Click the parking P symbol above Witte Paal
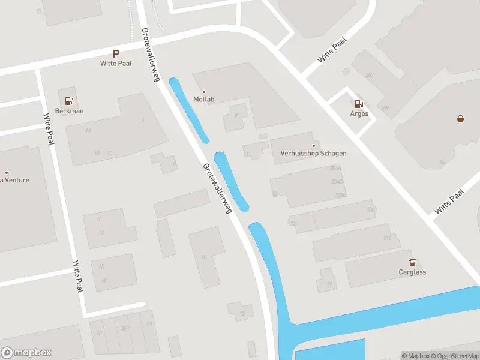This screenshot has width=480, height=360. [116, 53]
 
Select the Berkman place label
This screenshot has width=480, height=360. [70, 111]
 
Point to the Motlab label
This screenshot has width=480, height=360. [204, 100]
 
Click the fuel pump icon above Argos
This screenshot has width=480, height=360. [359, 104]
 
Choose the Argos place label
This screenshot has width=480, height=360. [359, 114]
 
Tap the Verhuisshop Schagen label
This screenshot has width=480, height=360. [313, 153]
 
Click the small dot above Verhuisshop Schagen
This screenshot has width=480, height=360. [313, 145]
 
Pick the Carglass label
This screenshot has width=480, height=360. [412, 272]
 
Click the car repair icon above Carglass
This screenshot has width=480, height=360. [412, 262]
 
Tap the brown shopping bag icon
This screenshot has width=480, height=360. [460, 118]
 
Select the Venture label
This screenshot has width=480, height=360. [16, 180]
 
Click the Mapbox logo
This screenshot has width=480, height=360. [26, 353]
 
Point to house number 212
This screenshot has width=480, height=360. [387, 238]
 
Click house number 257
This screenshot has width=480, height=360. [369, 74]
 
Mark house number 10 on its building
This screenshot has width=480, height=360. [204, 257]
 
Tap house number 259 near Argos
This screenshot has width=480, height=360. [385, 109]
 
